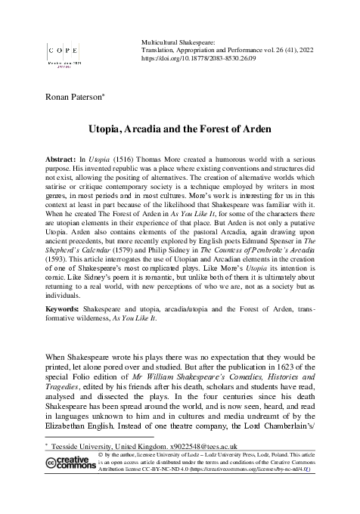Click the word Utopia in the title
120,128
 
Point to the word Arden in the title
245,128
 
